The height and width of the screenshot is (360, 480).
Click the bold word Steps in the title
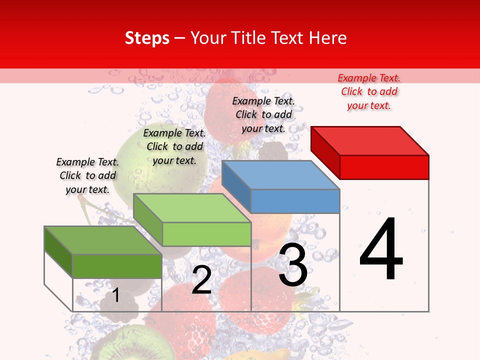(x=147, y=38)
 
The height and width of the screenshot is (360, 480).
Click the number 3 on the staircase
(x=293, y=265)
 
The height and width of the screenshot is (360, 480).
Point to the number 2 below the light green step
(x=201, y=280)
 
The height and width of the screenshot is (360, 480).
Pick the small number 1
(x=115, y=295)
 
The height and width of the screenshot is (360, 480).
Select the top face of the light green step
(x=191, y=208)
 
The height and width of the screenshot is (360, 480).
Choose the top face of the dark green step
(x=103, y=240)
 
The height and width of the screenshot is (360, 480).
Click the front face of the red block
(x=384, y=167)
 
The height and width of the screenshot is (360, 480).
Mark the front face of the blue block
(x=295, y=201)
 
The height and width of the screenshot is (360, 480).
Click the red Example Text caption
(x=369, y=91)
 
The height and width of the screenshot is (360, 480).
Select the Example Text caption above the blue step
(x=263, y=114)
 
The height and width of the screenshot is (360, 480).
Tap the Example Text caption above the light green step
(x=174, y=146)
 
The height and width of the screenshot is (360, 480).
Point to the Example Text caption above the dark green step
(x=87, y=175)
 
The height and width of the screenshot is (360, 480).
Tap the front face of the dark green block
(x=117, y=266)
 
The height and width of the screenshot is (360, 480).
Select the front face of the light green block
(x=206, y=234)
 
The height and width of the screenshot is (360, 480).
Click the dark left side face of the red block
(x=325, y=150)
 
